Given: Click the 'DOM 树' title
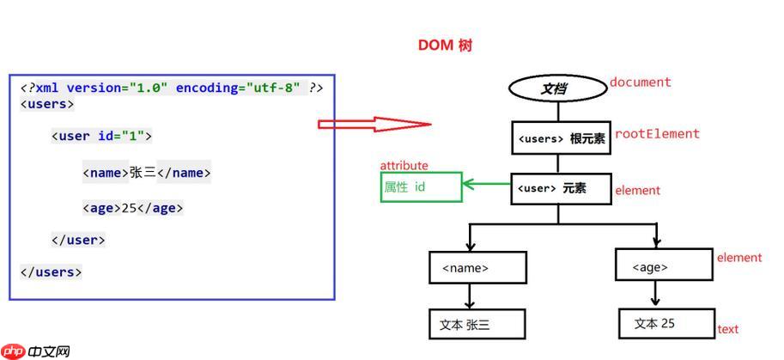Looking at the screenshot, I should point(445,46).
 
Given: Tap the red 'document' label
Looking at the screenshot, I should point(640,82).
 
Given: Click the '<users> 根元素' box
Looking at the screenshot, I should point(561,138).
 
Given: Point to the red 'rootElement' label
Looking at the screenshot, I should point(657,134).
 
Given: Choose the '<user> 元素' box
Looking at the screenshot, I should point(560,188).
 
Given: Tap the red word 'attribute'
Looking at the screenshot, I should point(404,166).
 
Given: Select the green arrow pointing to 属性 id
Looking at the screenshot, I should point(486,183).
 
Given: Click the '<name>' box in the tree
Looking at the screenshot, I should point(477,267).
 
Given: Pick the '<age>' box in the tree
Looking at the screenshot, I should point(664,265).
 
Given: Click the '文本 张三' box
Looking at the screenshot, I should point(477,324).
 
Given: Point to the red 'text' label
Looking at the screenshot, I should point(727,329).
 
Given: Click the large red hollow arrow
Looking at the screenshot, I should point(374,124).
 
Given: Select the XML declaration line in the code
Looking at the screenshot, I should point(172,88).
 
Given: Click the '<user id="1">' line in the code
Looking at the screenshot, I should point(101,136).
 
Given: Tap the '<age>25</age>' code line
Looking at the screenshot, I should point(133,208).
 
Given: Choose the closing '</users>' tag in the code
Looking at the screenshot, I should point(51,272).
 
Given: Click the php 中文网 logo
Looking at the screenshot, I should point(36,351).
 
